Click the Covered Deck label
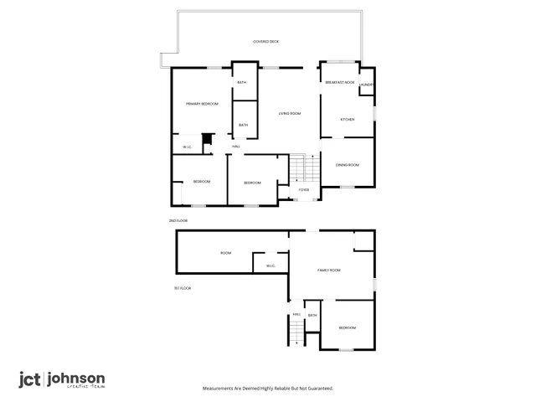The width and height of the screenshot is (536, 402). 265,41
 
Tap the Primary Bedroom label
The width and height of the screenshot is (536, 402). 202,104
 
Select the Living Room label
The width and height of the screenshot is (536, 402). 289,113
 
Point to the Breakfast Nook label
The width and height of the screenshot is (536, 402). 340,83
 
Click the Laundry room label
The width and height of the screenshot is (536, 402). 366,85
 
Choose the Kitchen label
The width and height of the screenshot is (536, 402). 347,120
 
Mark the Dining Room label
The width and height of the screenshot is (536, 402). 348,165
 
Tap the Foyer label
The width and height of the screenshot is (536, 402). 304,190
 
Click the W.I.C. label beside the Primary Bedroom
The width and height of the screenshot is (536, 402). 188,148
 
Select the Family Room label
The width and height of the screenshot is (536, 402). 328,271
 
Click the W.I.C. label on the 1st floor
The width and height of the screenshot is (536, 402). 271,266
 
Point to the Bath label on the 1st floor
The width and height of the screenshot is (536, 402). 312,315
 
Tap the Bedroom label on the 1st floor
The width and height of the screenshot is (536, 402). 348,327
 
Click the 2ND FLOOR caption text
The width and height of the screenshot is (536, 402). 178,220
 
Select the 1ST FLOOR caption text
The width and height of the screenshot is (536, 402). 183,288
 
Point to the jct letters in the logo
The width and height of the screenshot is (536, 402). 31,379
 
